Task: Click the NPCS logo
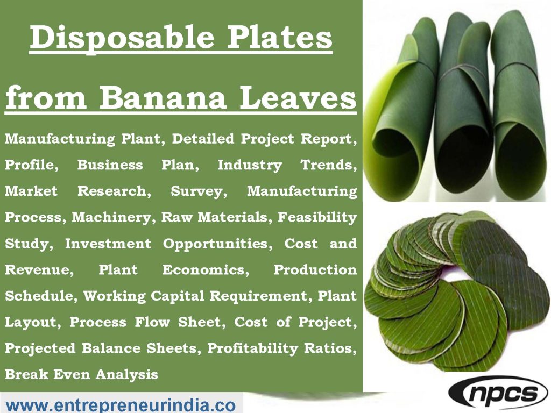[498, 394]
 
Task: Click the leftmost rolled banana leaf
[397, 108]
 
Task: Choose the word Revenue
[38, 269]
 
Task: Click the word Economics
[205, 269]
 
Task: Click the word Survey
[196, 191]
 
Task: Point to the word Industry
[249, 165]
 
